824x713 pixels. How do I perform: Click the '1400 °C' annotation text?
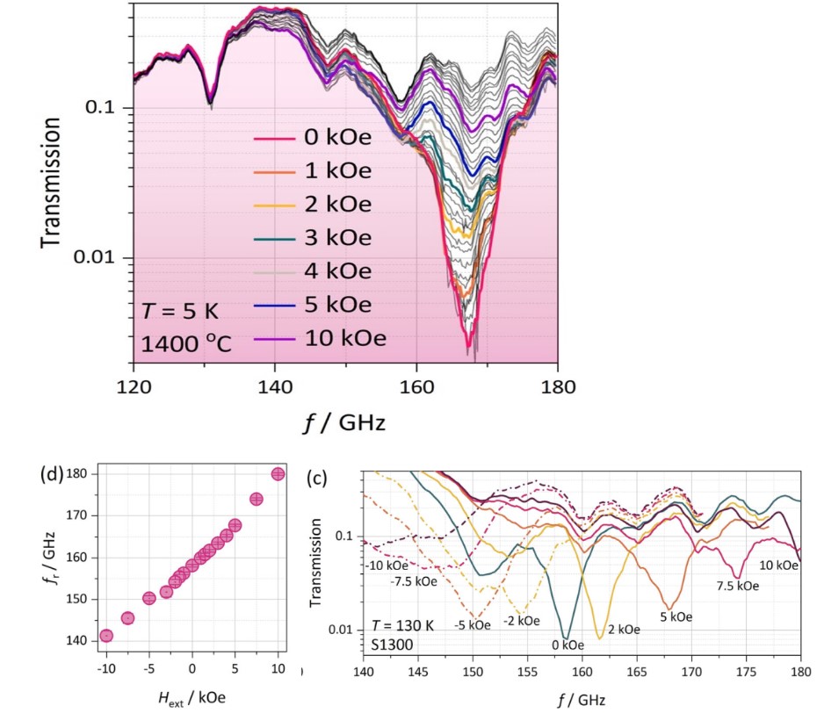[x=185, y=342]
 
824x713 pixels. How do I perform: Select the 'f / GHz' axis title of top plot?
[x=343, y=422]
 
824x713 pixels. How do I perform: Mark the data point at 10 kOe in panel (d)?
[x=278, y=474]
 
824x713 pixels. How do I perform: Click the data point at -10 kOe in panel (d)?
[x=106, y=636]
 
